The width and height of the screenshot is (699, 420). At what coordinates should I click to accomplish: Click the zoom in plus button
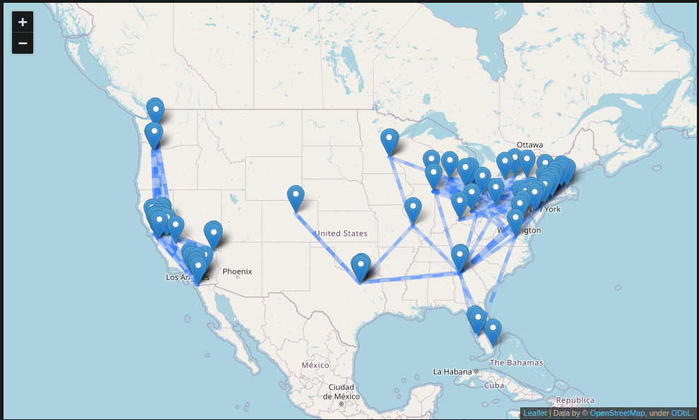tap(23, 22)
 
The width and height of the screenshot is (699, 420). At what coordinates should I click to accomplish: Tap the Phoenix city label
tap(237, 272)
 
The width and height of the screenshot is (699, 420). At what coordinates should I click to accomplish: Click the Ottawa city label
tap(529, 145)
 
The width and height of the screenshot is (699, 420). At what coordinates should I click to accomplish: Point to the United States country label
tap(341, 233)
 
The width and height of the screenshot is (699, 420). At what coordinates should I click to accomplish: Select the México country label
tap(315, 365)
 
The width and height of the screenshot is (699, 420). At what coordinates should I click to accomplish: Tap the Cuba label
tap(493, 385)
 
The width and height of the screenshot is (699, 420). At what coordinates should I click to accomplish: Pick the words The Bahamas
tap(517, 363)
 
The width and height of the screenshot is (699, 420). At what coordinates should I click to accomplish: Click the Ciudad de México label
tap(341, 392)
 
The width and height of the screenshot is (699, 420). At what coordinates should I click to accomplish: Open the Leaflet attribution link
tap(535, 413)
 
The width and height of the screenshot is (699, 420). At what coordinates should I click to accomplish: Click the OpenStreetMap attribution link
tap(617, 413)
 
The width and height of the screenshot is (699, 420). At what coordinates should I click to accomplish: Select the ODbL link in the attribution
tap(681, 413)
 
